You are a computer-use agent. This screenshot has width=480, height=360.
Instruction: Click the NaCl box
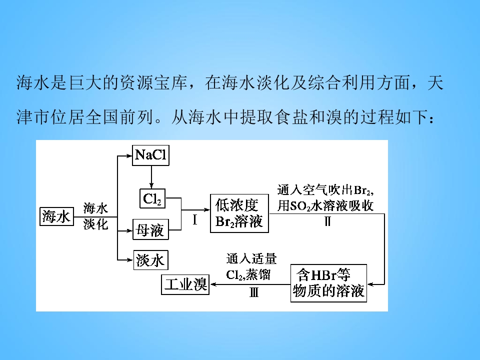tap(150, 155)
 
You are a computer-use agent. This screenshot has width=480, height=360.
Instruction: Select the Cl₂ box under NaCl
tap(152, 198)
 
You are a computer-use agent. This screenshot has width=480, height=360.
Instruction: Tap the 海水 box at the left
tap(56, 216)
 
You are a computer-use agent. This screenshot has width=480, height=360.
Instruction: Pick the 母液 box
tap(150, 229)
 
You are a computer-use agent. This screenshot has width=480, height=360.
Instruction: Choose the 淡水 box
tap(151, 260)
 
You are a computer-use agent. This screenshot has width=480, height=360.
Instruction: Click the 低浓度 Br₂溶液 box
tap(239, 213)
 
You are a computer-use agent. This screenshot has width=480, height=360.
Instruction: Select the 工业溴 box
tap(185, 284)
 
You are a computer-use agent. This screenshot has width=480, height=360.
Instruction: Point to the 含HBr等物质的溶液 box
tap(328, 283)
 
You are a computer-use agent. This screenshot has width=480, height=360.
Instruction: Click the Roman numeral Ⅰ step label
tap(194, 220)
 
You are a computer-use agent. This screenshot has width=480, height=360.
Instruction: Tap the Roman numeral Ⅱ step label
tap(327, 221)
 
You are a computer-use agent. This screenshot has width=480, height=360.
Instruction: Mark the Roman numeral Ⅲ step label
tap(254, 292)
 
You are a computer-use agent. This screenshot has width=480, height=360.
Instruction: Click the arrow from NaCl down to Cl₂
tap(151, 177)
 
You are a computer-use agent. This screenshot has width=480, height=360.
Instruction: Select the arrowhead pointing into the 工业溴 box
tap(213, 284)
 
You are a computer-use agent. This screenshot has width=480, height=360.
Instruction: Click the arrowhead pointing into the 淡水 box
tap(130, 260)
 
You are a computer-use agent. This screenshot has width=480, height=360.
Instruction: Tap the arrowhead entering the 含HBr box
tap(370, 284)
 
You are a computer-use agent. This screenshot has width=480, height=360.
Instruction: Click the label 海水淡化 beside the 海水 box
tap(95, 216)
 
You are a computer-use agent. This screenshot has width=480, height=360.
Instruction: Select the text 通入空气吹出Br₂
tap(325, 190)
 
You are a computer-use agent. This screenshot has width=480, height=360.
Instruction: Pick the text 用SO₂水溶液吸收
tap(325, 205)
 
